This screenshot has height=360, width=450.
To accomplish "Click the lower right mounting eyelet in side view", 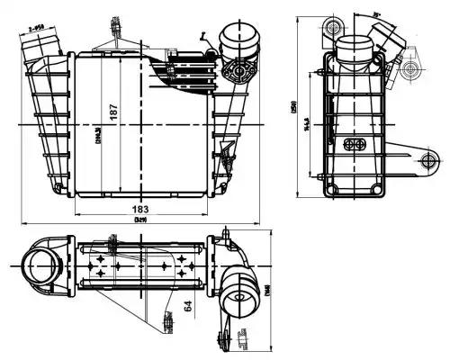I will [x=427, y=160].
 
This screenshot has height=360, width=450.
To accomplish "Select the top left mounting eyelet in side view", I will [x=336, y=22].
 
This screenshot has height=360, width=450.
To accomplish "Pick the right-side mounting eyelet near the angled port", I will [x=412, y=68].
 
